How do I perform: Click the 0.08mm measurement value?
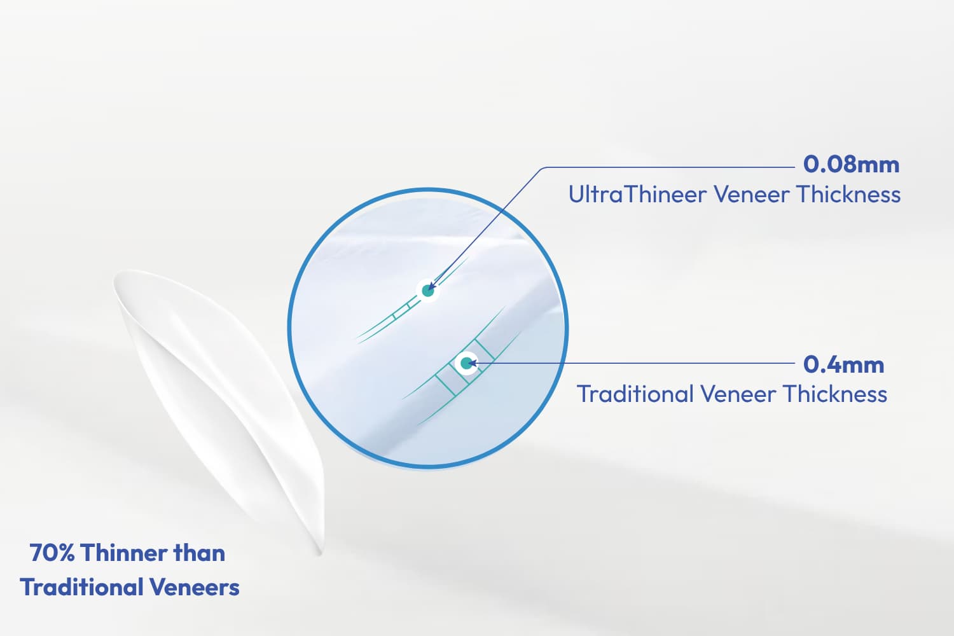pyautogui.click(x=851, y=165)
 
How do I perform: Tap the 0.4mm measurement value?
pyautogui.click(x=843, y=364)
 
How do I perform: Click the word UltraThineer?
pyautogui.click(x=637, y=194)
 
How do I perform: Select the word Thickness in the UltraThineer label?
pyautogui.click(x=848, y=194)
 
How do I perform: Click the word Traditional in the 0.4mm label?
pyautogui.click(x=635, y=394)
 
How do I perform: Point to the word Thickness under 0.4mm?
pyautogui.click(x=835, y=394)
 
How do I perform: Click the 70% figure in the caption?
pyautogui.click(x=52, y=553)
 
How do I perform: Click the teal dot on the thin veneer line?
pyautogui.click(x=427, y=291)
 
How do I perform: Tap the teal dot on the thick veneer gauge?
pyautogui.click(x=467, y=363)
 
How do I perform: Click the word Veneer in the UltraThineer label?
pyautogui.click(x=751, y=194)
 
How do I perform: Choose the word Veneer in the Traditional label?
pyautogui.click(x=738, y=394)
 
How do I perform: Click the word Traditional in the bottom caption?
pyautogui.click(x=81, y=587)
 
